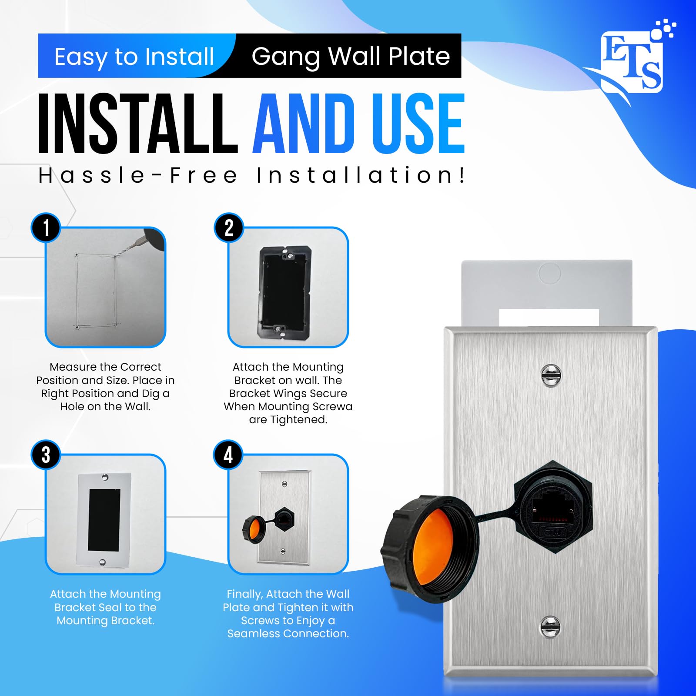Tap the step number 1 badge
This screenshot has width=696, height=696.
click(x=46, y=228)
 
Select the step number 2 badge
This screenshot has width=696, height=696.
click(x=229, y=228)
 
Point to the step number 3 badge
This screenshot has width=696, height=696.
click(x=46, y=455)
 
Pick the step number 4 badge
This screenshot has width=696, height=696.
click(x=228, y=455)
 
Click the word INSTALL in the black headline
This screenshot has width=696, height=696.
click(x=137, y=124)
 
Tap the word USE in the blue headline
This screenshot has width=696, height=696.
click(x=418, y=124)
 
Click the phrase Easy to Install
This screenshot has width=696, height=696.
click(x=134, y=57)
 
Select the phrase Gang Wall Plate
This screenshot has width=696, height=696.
click(x=351, y=56)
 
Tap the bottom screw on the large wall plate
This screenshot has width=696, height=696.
click(x=550, y=627)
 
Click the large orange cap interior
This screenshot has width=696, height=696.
click(x=431, y=548)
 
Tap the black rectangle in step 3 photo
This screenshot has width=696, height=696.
click(x=104, y=520)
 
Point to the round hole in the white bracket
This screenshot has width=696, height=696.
click(x=549, y=273)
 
